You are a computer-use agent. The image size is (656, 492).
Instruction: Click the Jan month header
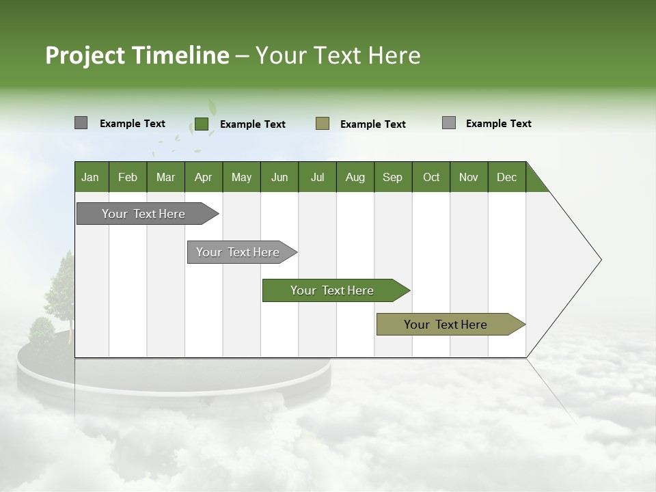(90, 177)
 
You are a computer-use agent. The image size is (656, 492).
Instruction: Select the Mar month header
(165, 177)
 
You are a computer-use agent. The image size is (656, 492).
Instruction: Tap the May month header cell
(241, 177)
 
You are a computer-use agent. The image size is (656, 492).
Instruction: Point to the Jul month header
(317, 177)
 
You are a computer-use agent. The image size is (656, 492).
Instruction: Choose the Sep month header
(392, 177)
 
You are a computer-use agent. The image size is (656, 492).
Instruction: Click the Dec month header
(506, 177)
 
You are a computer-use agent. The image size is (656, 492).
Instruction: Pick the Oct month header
(431, 177)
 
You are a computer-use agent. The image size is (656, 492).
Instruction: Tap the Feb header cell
(128, 177)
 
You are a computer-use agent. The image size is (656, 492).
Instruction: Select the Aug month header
(355, 177)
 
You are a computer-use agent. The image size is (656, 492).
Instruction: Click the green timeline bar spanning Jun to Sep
(332, 290)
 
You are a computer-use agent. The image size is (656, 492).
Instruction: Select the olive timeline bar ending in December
(446, 325)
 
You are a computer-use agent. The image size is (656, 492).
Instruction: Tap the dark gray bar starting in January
(143, 214)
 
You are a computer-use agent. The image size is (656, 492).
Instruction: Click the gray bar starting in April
(238, 252)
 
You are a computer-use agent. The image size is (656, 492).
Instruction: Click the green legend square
(201, 124)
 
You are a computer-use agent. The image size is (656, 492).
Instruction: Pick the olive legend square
(323, 124)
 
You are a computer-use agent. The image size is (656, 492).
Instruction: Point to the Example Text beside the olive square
(373, 124)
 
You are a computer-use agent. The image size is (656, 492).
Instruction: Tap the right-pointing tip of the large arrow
(599, 260)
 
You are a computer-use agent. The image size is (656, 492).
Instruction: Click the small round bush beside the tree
(42, 330)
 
